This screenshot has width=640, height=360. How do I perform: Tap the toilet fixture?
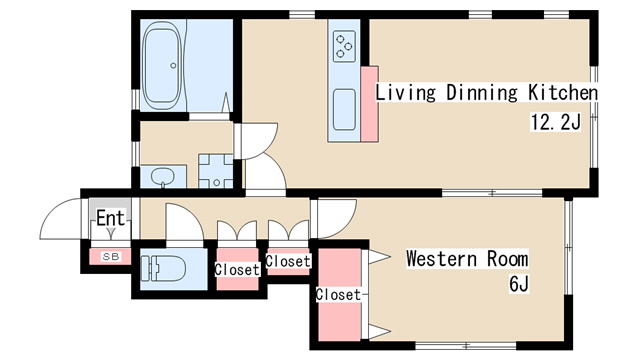point(163,269)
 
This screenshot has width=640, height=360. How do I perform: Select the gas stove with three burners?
point(344,47)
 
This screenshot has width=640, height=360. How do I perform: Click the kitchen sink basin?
point(344,109)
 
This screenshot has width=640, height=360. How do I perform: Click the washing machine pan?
point(216,171)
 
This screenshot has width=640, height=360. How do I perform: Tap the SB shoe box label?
point(111,257)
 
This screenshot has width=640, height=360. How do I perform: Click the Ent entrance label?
point(110,218)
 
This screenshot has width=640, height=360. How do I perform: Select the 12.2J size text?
point(555,122)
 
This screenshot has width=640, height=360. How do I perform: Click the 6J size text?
point(519,284)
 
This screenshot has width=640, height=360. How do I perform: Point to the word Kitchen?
point(563,92)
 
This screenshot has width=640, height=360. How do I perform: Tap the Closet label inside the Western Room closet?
point(338,294)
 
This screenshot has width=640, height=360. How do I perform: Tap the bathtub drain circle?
point(173,65)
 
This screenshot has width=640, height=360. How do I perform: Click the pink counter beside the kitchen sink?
point(369,104)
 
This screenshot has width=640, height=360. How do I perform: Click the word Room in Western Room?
point(507,258)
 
